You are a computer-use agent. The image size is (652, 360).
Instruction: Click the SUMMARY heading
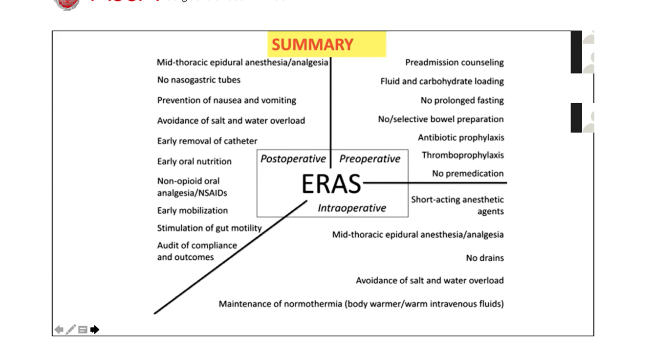point(312,45)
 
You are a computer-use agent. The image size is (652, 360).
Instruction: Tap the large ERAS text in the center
point(331,184)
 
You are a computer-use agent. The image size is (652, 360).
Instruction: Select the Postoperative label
point(293,159)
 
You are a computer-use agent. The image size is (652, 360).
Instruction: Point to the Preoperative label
point(369,159)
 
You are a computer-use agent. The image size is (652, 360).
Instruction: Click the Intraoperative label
point(352,208)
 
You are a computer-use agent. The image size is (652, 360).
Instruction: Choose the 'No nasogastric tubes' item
point(198,80)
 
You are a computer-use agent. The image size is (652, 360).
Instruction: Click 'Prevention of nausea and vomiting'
point(226,100)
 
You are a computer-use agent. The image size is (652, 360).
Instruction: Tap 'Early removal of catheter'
point(207,141)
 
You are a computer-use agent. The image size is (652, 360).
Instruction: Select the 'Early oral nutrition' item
point(194,161)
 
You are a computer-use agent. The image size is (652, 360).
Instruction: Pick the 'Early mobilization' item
point(192,210)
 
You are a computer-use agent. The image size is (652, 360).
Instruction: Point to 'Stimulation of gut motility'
point(209,228)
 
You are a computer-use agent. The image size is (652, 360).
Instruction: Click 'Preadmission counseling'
point(454,63)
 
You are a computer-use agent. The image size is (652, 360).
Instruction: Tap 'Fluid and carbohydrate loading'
point(442,81)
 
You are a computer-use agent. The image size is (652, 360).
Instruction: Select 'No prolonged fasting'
point(462,100)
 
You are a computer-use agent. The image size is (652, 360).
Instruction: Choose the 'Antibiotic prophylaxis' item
point(460,137)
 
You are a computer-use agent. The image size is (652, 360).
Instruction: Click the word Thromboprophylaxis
point(462,155)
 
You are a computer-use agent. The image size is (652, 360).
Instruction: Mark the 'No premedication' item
point(467,173)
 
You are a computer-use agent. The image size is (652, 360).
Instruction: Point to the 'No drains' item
point(484,258)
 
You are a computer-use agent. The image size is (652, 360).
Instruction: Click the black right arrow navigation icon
point(95,330)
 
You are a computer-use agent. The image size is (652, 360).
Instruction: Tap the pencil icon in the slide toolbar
point(71,330)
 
